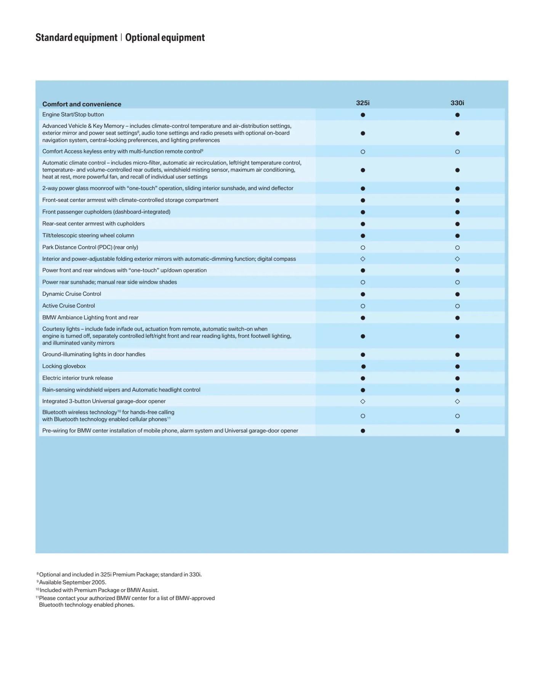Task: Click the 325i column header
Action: [363, 103]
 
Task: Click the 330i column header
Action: [457, 103]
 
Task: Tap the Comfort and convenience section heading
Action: [82, 104]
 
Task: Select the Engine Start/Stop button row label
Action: [73, 114]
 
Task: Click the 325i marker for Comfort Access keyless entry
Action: [363, 152]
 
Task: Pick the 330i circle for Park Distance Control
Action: [457, 248]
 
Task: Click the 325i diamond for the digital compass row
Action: [363, 259]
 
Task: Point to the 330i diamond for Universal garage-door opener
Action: [457, 401]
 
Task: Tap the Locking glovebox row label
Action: [64, 366]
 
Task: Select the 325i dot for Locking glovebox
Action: [363, 367]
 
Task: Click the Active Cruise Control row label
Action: [68, 306]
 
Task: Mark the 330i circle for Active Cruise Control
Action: [457, 306]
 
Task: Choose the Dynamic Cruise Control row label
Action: [71, 294]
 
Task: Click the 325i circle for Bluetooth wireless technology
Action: [363, 416]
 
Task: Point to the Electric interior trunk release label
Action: [77, 378]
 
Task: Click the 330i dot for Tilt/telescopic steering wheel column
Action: [457, 236]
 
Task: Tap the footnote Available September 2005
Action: [72, 582]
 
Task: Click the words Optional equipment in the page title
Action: [165, 37]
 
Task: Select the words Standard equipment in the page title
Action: [76, 37]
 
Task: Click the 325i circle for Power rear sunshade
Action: [363, 282]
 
